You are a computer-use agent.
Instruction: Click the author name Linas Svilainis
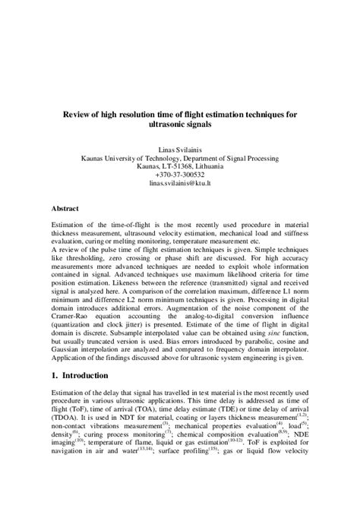(180, 150)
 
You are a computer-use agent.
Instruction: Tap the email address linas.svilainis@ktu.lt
(180, 183)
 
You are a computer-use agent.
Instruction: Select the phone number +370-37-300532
(180, 175)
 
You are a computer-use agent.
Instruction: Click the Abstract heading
(66, 207)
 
